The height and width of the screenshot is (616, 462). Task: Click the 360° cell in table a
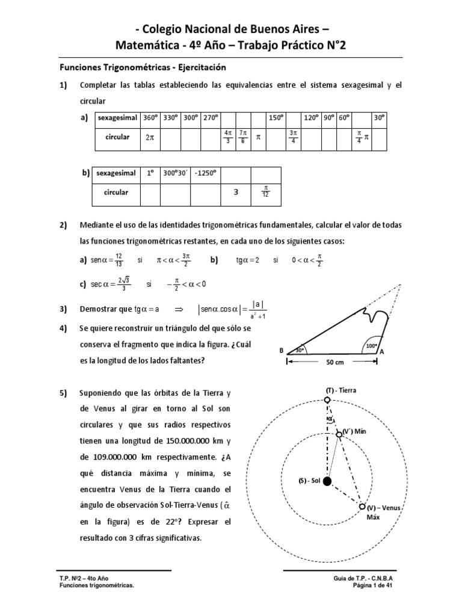click(x=149, y=118)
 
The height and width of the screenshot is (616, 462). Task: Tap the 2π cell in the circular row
click(x=149, y=137)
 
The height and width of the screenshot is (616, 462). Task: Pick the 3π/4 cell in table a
click(x=293, y=137)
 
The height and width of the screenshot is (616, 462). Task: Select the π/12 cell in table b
click(x=265, y=192)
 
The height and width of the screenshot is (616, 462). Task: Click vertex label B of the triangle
click(x=280, y=350)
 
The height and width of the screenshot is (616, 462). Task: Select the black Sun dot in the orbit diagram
click(x=327, y=481)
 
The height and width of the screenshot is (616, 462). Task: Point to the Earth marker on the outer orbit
click(x=327, y=399)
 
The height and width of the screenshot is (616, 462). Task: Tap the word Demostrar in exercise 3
click(x=98, y=309)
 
